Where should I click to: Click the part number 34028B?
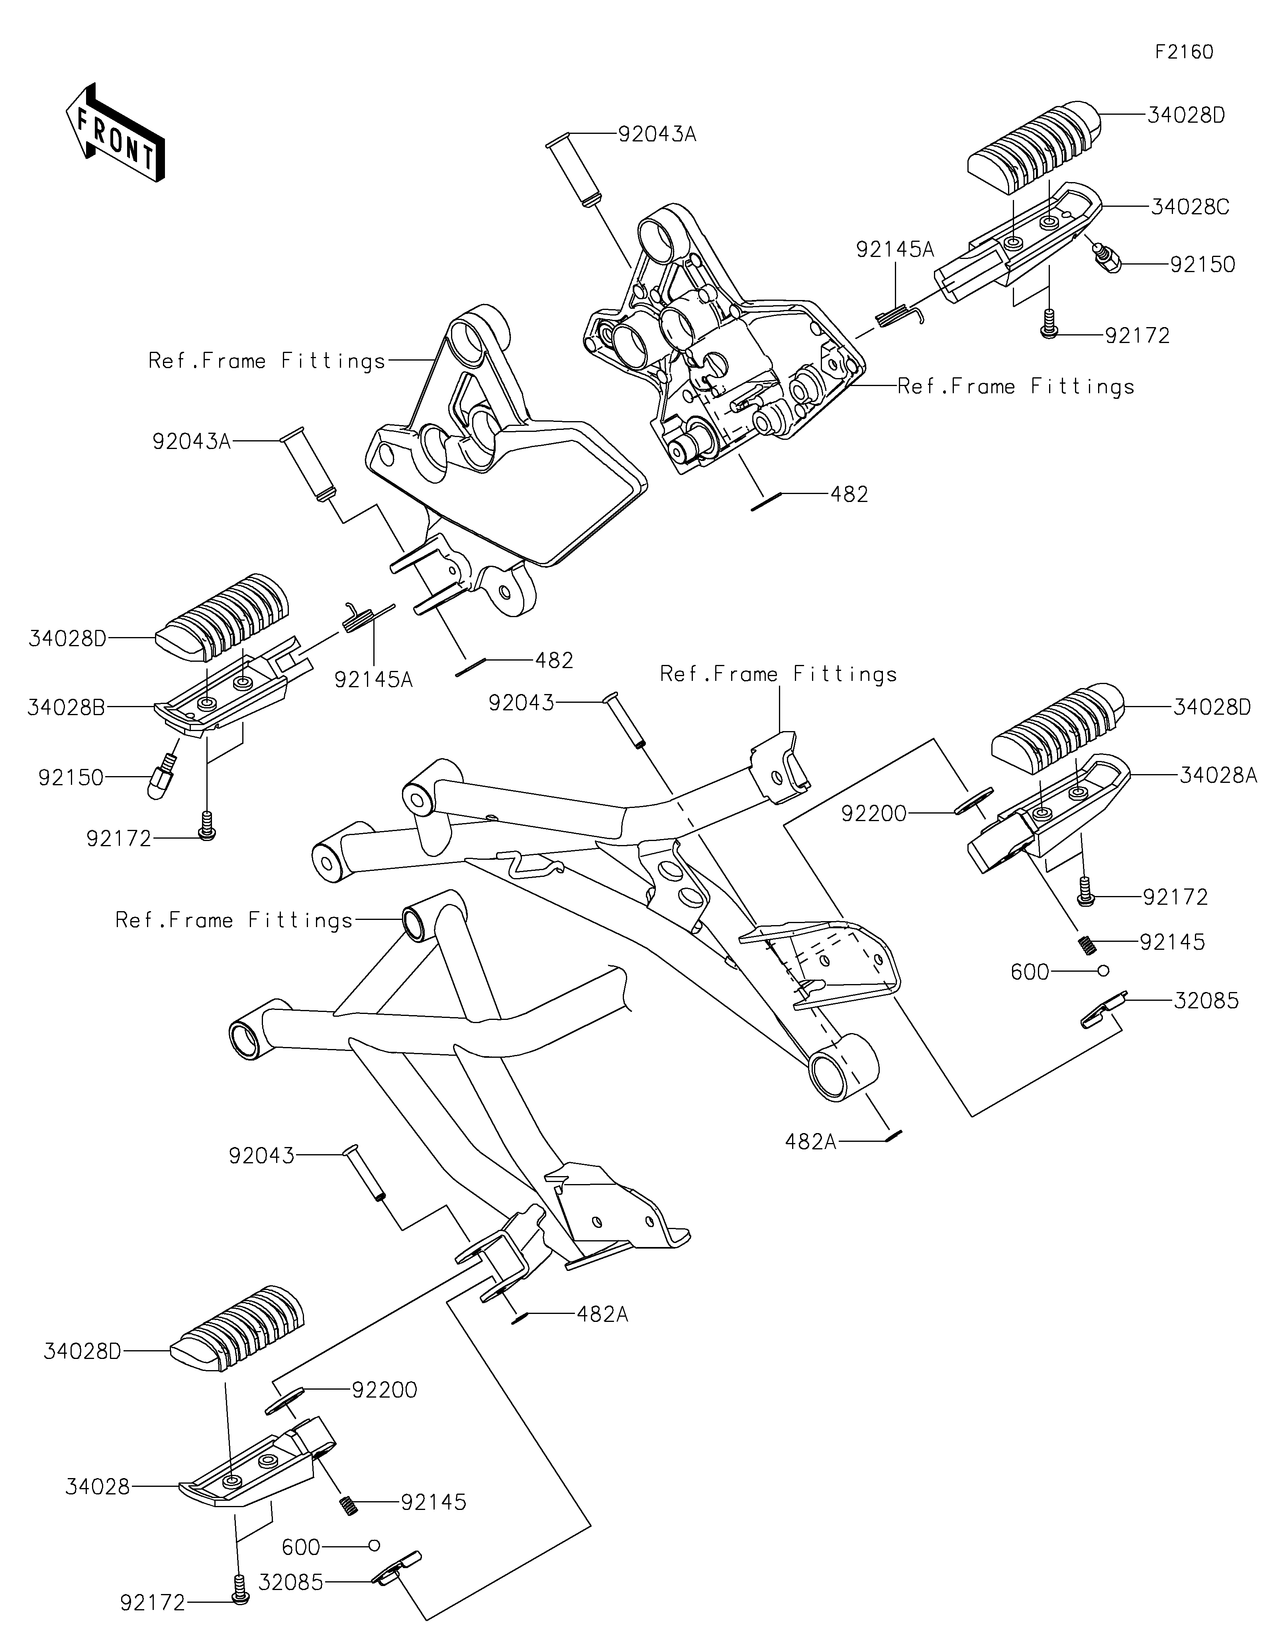coord(67,708)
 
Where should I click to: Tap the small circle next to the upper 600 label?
coord(1102,970)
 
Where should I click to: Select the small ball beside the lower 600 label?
coord(373,1545)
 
